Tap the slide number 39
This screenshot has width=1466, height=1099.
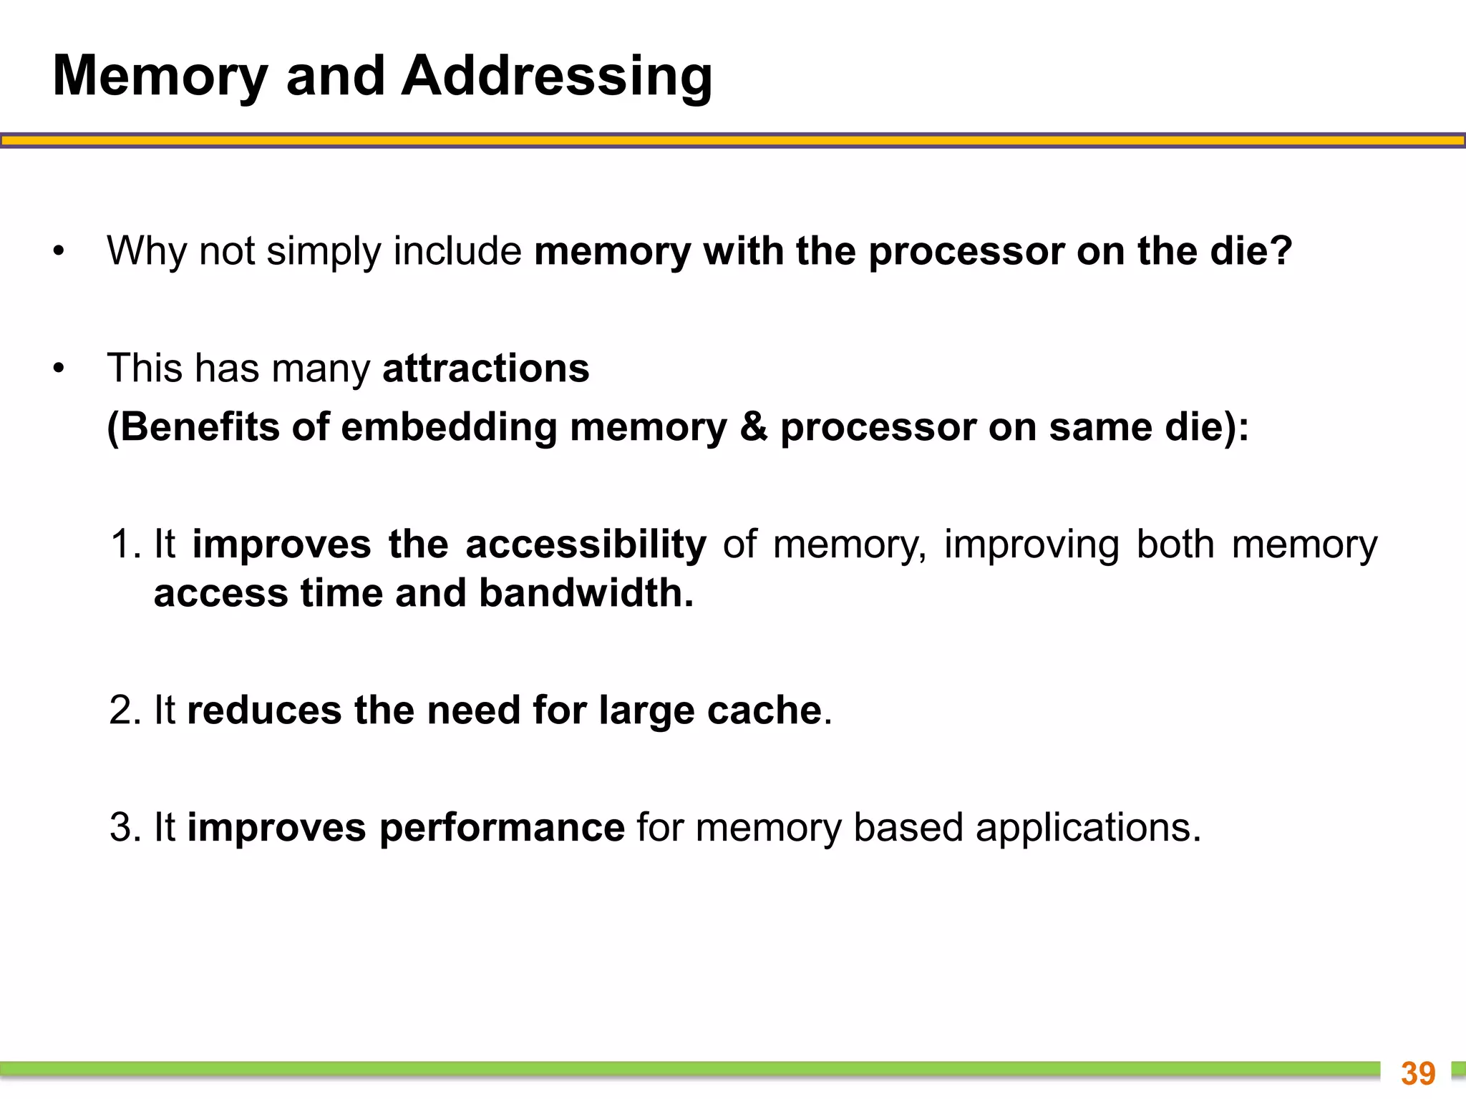pyautogui.click(x=1418, y=1073)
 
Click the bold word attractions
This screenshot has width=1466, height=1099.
pyautogui.click(x=486, y=368)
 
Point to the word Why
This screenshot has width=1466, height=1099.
pyautogui.click(x=147, y=251)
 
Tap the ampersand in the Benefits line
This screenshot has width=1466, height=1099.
pyautogui.click(x=753, y=427)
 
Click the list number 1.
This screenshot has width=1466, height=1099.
pyautogui.click(x=126, y=544)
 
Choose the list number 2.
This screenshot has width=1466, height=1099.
pyautogui.click(x=126, y=710)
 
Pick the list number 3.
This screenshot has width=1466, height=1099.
pyautogui.click(x=126, y=828)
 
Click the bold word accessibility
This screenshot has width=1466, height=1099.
pyautogui.click(x=586, y=544)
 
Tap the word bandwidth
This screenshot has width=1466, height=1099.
pyautogui.click(x=586, y=593)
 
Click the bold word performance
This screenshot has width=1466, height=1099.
pyautogui.click(x=502, y=828)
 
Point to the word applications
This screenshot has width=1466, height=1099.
pyautogui.click(x=1087, y=828)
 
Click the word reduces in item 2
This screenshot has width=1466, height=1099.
pyautogui.click(x=264, y=710)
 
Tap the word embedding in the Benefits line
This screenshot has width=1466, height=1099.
pyautogui.click(x=449, y=427)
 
